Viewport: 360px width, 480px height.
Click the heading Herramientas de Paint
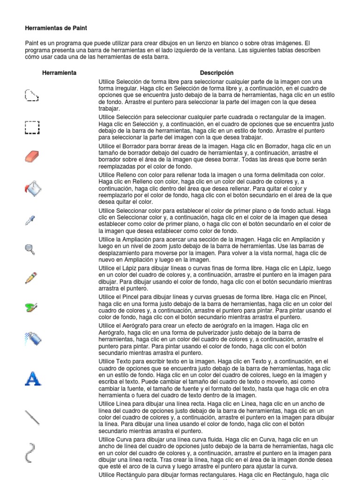pos(56,29)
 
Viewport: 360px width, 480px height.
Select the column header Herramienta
pos(59,73)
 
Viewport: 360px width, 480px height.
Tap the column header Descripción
pos(216,73)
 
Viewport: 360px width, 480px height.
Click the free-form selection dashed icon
pos(31,96)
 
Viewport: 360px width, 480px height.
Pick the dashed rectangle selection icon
pos(32,127)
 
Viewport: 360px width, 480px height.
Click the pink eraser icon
pos(32,156)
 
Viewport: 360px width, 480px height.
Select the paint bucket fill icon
pos(32,188)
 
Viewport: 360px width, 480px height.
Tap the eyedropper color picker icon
pos(30,220)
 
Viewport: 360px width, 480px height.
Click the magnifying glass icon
pos(30,249)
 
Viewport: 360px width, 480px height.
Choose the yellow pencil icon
pos(31,277)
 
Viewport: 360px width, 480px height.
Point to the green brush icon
pos(31,307)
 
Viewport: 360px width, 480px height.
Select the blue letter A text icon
pos(32,378)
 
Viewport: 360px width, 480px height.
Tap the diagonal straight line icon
pos(32,416)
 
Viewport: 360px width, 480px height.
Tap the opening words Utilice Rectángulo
pos(123,475)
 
